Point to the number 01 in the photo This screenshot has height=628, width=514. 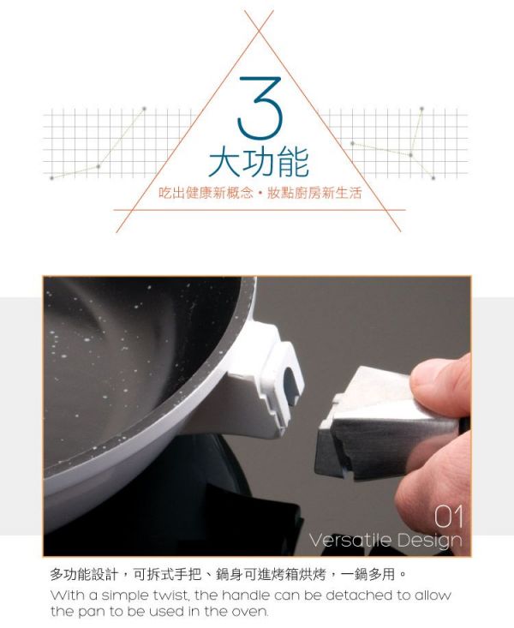pyautogui.click(x=448, y=517)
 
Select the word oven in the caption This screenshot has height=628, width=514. pyautogui.click(x=251, y=612)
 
